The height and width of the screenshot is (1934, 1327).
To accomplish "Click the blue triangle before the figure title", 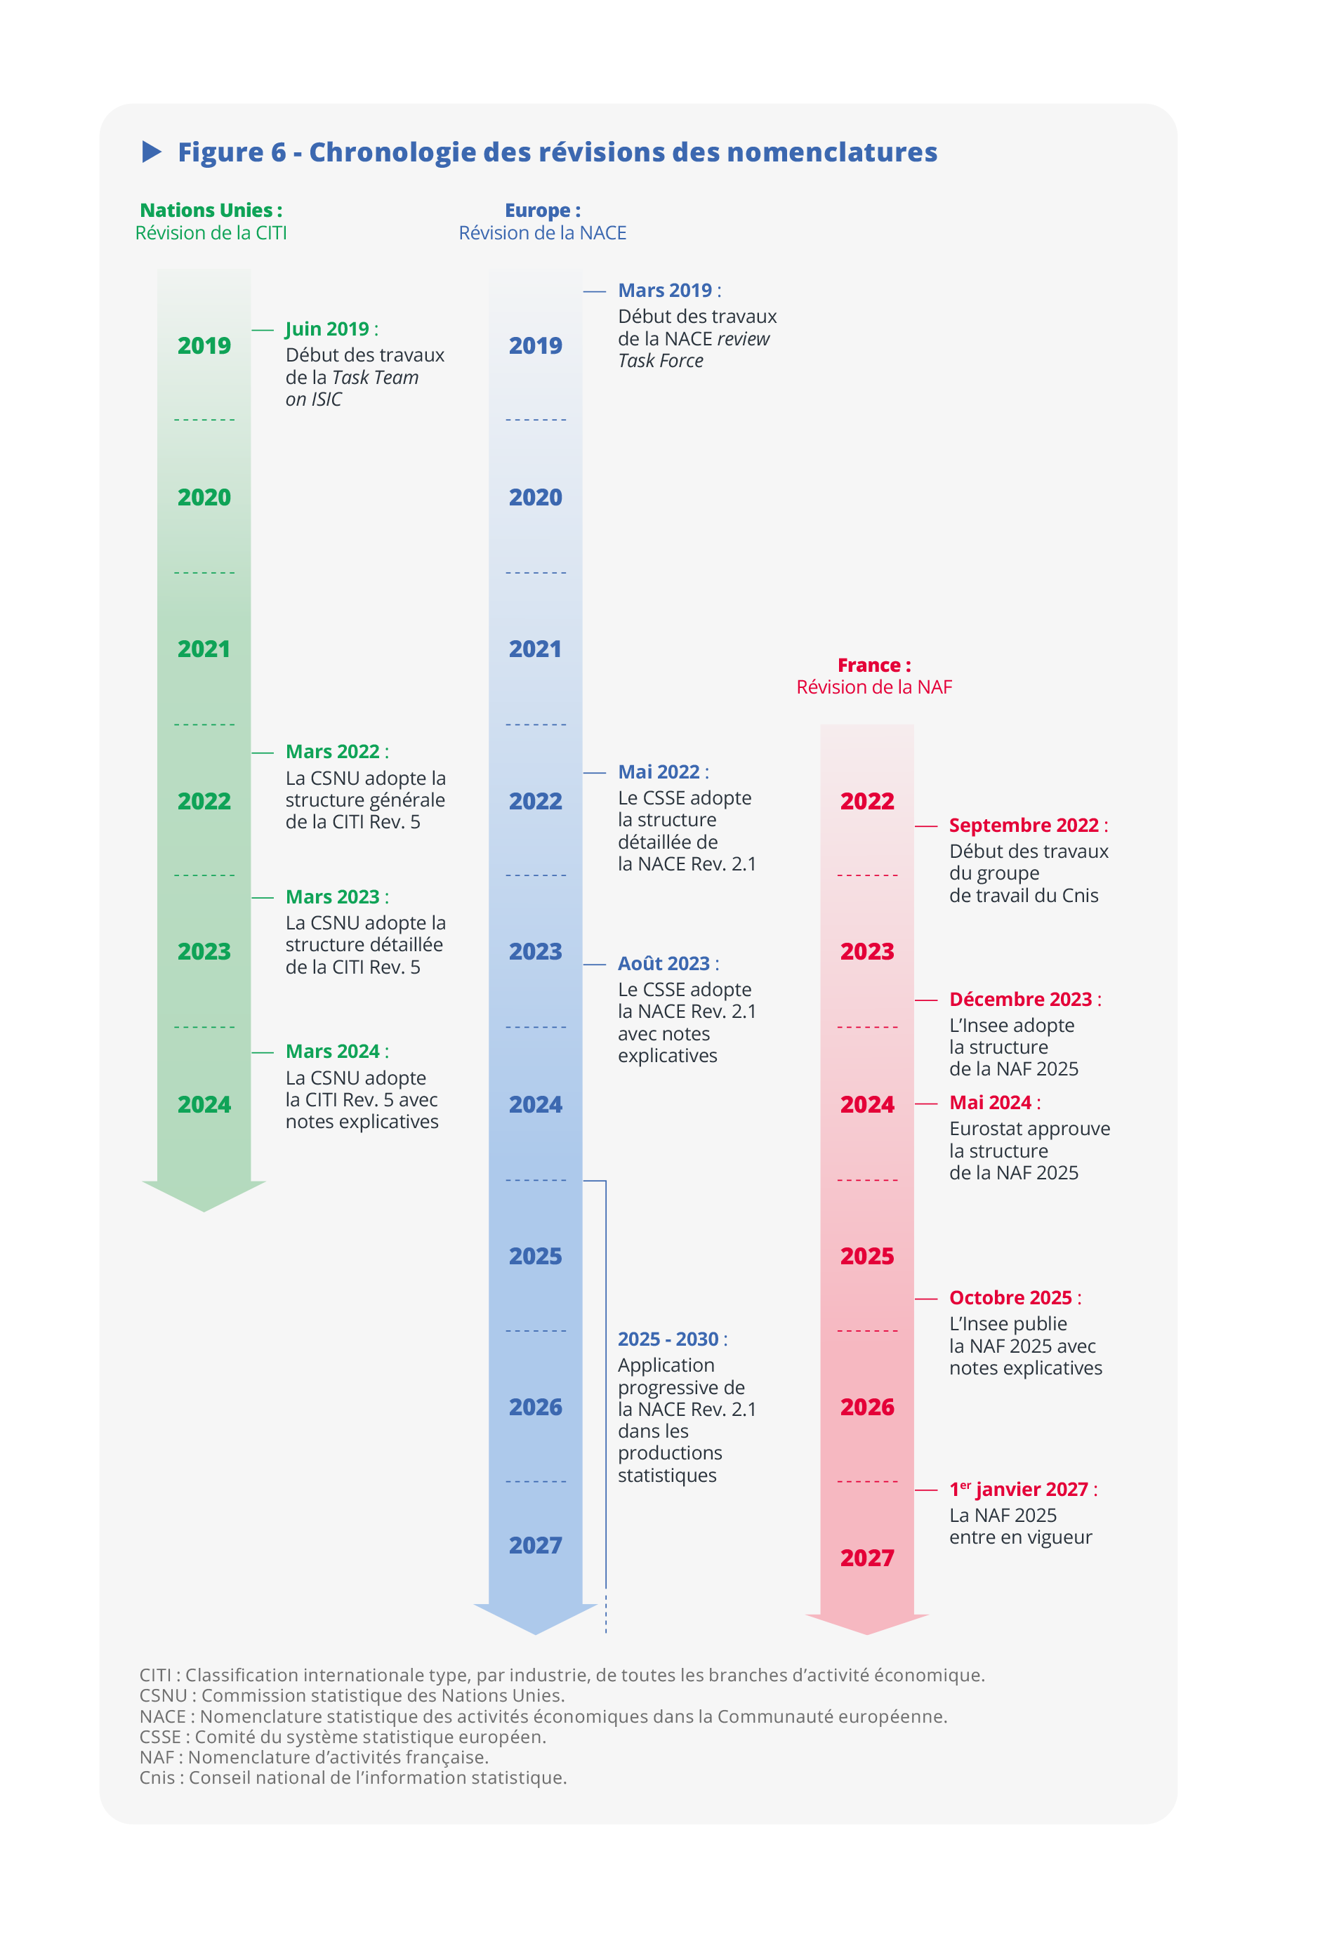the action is (x=152, y=152).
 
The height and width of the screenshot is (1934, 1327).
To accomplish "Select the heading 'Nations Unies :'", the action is (x=211, y=211).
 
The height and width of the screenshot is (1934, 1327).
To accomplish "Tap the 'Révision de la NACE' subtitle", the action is (x=542, y=233).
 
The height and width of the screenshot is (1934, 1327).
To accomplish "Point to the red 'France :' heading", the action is (x=873, y=665).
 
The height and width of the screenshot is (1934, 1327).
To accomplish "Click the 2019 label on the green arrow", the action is (x=204, y=345).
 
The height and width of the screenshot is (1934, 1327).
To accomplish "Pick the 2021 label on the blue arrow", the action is (x=535, y=649).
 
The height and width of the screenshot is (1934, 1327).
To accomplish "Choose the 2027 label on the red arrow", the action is (x=866, y=1558).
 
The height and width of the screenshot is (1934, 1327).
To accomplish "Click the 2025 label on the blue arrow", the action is (x=535, y=1256).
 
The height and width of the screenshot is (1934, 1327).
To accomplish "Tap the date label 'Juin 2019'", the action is (x=327, y=329).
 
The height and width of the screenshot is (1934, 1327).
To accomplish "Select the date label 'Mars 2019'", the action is (x=664, y=291).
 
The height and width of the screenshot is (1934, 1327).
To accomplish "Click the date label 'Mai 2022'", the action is (x=659, y=772).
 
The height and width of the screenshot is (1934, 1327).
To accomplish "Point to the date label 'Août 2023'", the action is (x=663, y=964).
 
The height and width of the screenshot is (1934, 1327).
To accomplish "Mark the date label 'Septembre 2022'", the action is (x=1023, y=826).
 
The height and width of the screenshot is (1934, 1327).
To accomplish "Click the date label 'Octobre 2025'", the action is (x=1010, y=1298).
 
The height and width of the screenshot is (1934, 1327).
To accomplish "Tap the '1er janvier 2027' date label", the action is (x=1018, y=1489).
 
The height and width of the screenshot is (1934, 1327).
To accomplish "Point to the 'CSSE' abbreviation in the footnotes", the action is (x=160, y=1737).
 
